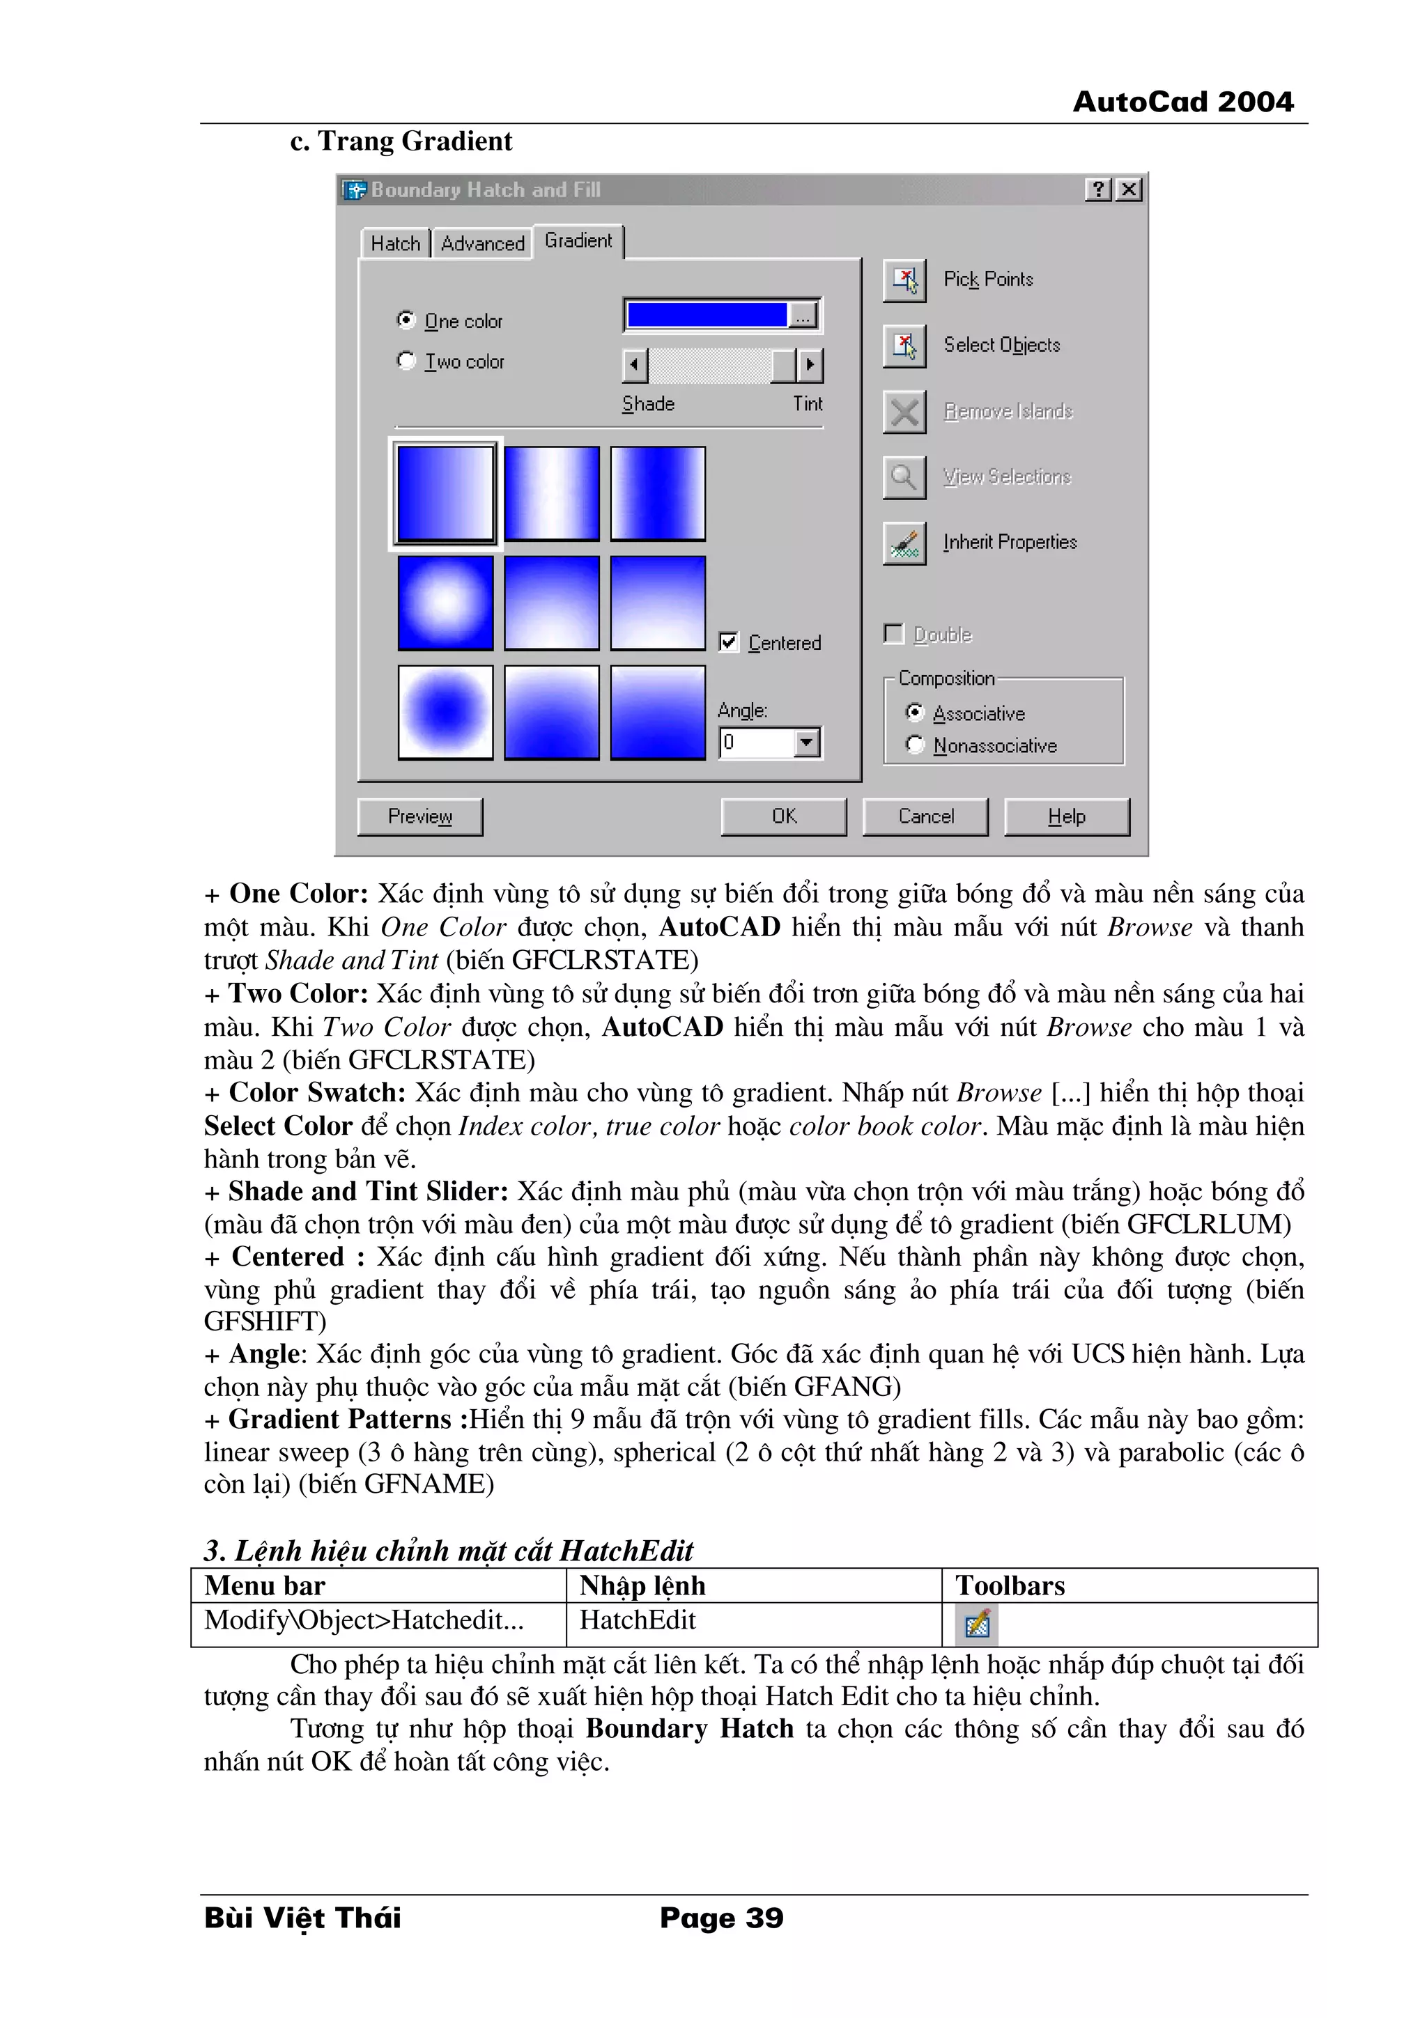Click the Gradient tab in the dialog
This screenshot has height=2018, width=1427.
578,241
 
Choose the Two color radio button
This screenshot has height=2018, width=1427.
406,360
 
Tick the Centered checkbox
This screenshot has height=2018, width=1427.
728,642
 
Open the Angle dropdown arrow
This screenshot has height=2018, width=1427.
806,743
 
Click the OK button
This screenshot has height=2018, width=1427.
783,816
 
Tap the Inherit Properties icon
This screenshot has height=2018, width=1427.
904,543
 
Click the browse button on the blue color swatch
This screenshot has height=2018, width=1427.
802,316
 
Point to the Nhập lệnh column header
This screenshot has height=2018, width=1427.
642,1585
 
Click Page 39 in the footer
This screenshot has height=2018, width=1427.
721,1917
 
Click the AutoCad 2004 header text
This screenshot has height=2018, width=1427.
1182,102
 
